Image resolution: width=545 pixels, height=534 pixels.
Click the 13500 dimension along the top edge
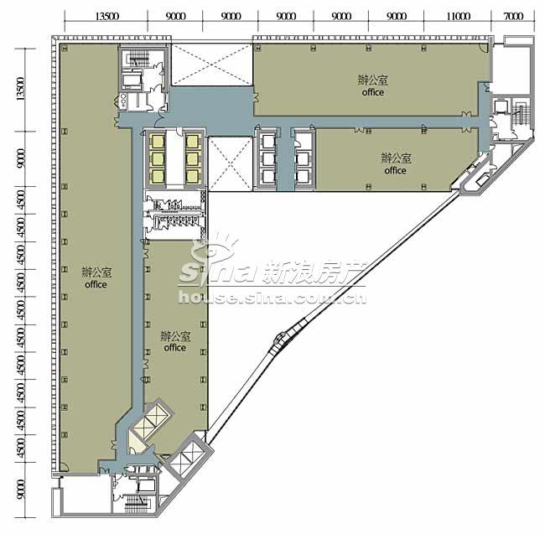click(107, 16)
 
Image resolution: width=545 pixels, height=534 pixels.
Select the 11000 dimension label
click(459, 16)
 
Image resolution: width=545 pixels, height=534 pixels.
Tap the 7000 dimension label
click(513, 16)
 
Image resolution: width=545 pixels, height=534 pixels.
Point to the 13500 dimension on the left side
click(21, 89)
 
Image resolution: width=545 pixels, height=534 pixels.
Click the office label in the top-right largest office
click(372, 92)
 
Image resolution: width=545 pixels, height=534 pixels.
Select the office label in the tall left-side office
click(96, 284)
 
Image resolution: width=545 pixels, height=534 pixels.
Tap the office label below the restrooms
click(175, 348)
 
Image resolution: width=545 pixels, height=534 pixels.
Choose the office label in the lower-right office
click(395, 170)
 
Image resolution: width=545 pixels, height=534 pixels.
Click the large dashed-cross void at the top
click(212, 65)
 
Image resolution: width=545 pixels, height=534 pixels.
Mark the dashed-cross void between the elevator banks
click(230, 163)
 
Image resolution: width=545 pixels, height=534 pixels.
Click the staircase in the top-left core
click(139, 59)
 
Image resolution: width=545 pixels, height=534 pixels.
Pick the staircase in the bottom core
click(137, 500)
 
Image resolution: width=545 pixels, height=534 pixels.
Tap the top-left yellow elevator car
click(157, 142)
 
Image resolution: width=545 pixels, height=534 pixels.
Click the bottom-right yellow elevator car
click(191, 177)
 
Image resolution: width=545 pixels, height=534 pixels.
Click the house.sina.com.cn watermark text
click(272, 298)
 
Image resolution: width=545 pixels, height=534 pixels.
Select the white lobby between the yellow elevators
click(174, 159)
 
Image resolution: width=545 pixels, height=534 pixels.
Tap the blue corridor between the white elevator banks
click(286, 158)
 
